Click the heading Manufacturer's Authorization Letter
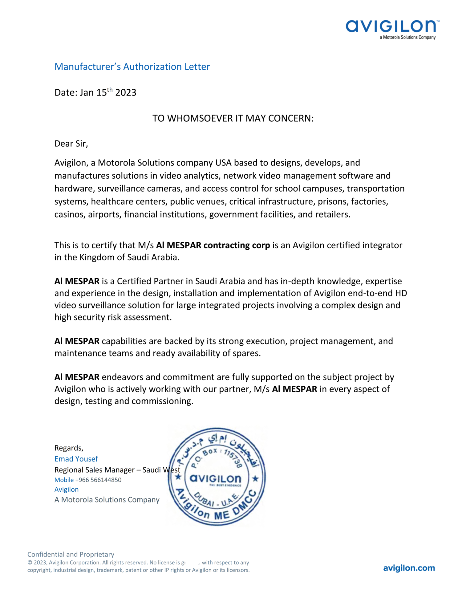click(132, 67)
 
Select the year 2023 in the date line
click(126, 93)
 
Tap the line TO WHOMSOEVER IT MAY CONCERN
click(233, 118)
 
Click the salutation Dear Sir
click(71, 144)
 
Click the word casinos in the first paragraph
click(70, 214)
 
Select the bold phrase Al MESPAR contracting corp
click(213, 245)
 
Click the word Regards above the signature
click(69, 448)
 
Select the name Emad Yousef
click(76, 459)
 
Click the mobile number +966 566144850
click(98, 480)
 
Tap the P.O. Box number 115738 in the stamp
click(233, 458)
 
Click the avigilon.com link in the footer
click(409, 568)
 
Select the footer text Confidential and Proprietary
click(71, 555)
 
